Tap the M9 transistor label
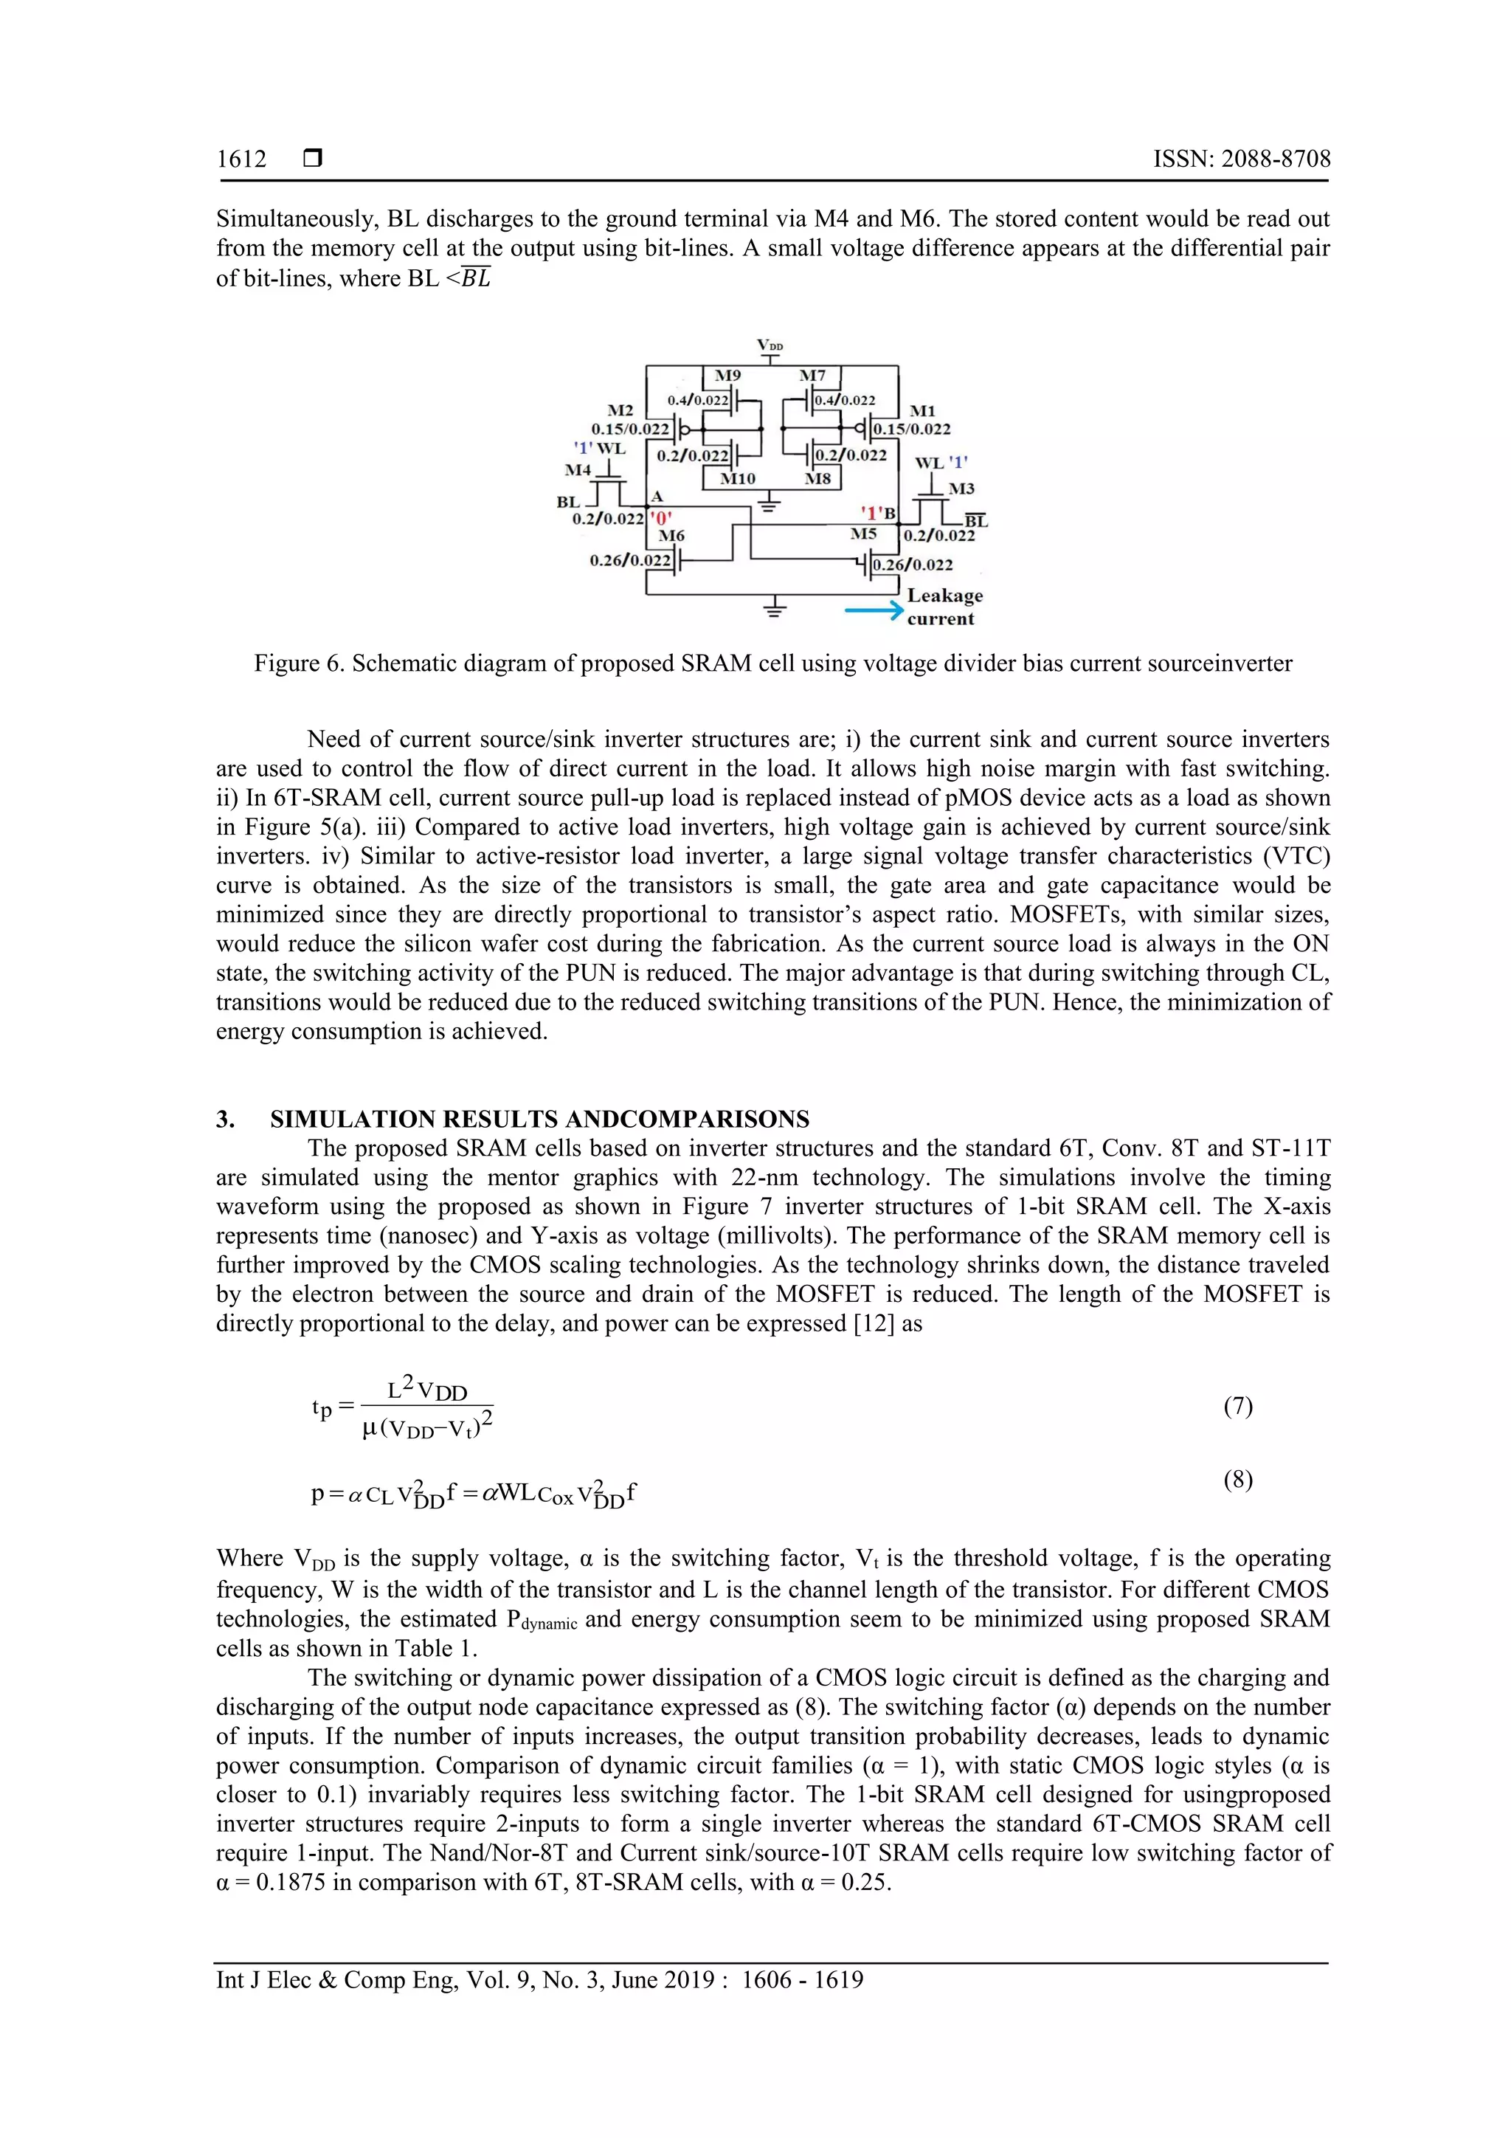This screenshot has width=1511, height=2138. point(727,375)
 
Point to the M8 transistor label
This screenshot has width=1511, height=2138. point(817,479)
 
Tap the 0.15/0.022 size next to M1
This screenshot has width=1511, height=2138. point(911,430)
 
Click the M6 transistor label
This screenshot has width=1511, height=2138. point(671,536)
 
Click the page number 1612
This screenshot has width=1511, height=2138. point(241,159)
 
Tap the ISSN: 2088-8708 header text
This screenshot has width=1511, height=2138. point(1241,159)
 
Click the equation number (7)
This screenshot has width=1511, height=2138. point(1237,1406)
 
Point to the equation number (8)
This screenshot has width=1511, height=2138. point(1237,1480)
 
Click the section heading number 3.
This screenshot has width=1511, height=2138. point(225,1120)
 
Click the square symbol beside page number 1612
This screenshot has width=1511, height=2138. point(313,159)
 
